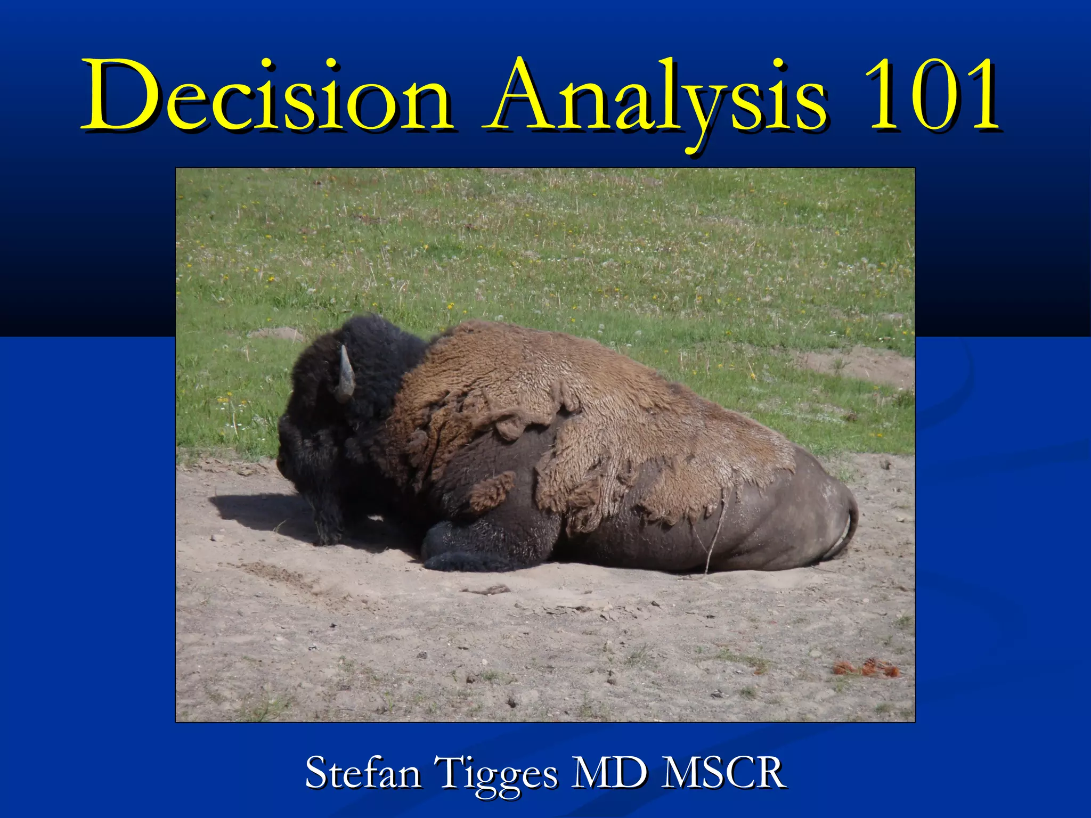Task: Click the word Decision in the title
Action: pos(266,96)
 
